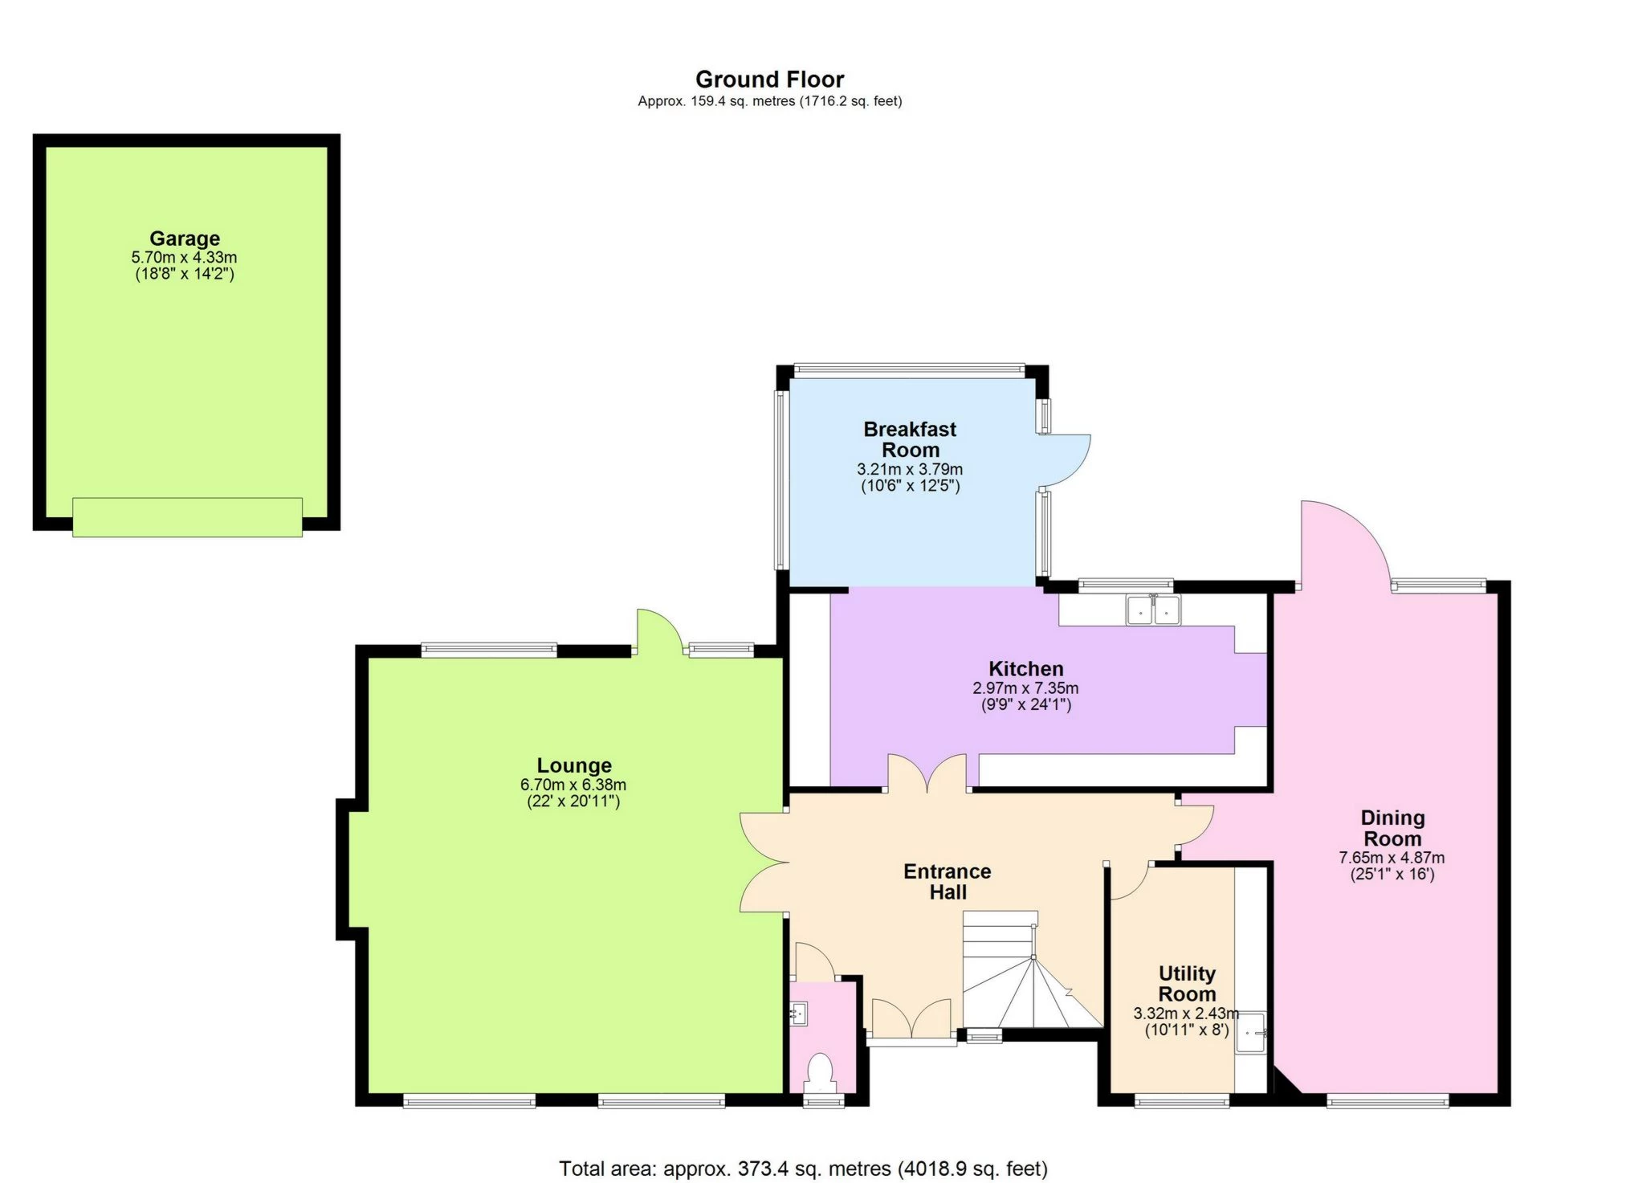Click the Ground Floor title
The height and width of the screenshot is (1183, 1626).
tap(769, 80)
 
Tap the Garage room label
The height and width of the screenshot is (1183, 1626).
tap(184, 239)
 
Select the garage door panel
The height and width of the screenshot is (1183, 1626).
tap(187, 517)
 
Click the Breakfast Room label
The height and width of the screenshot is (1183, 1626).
tap(910, 439)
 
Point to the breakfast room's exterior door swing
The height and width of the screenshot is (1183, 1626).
tap(1066, 460)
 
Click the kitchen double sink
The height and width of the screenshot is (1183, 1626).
tap(1153, 610)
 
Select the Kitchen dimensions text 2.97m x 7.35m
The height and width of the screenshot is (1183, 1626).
tap(1025, 688)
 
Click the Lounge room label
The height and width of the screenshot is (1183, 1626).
tap(574, 765)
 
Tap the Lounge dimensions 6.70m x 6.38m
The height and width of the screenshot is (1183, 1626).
tap(573, 785)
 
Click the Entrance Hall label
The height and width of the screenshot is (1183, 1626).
tap(947, 882)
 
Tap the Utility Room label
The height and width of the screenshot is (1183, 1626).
tap(1187, 984)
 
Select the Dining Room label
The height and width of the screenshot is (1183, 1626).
tap(1392, 828)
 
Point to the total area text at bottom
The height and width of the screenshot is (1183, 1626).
tap(803, 1169)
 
